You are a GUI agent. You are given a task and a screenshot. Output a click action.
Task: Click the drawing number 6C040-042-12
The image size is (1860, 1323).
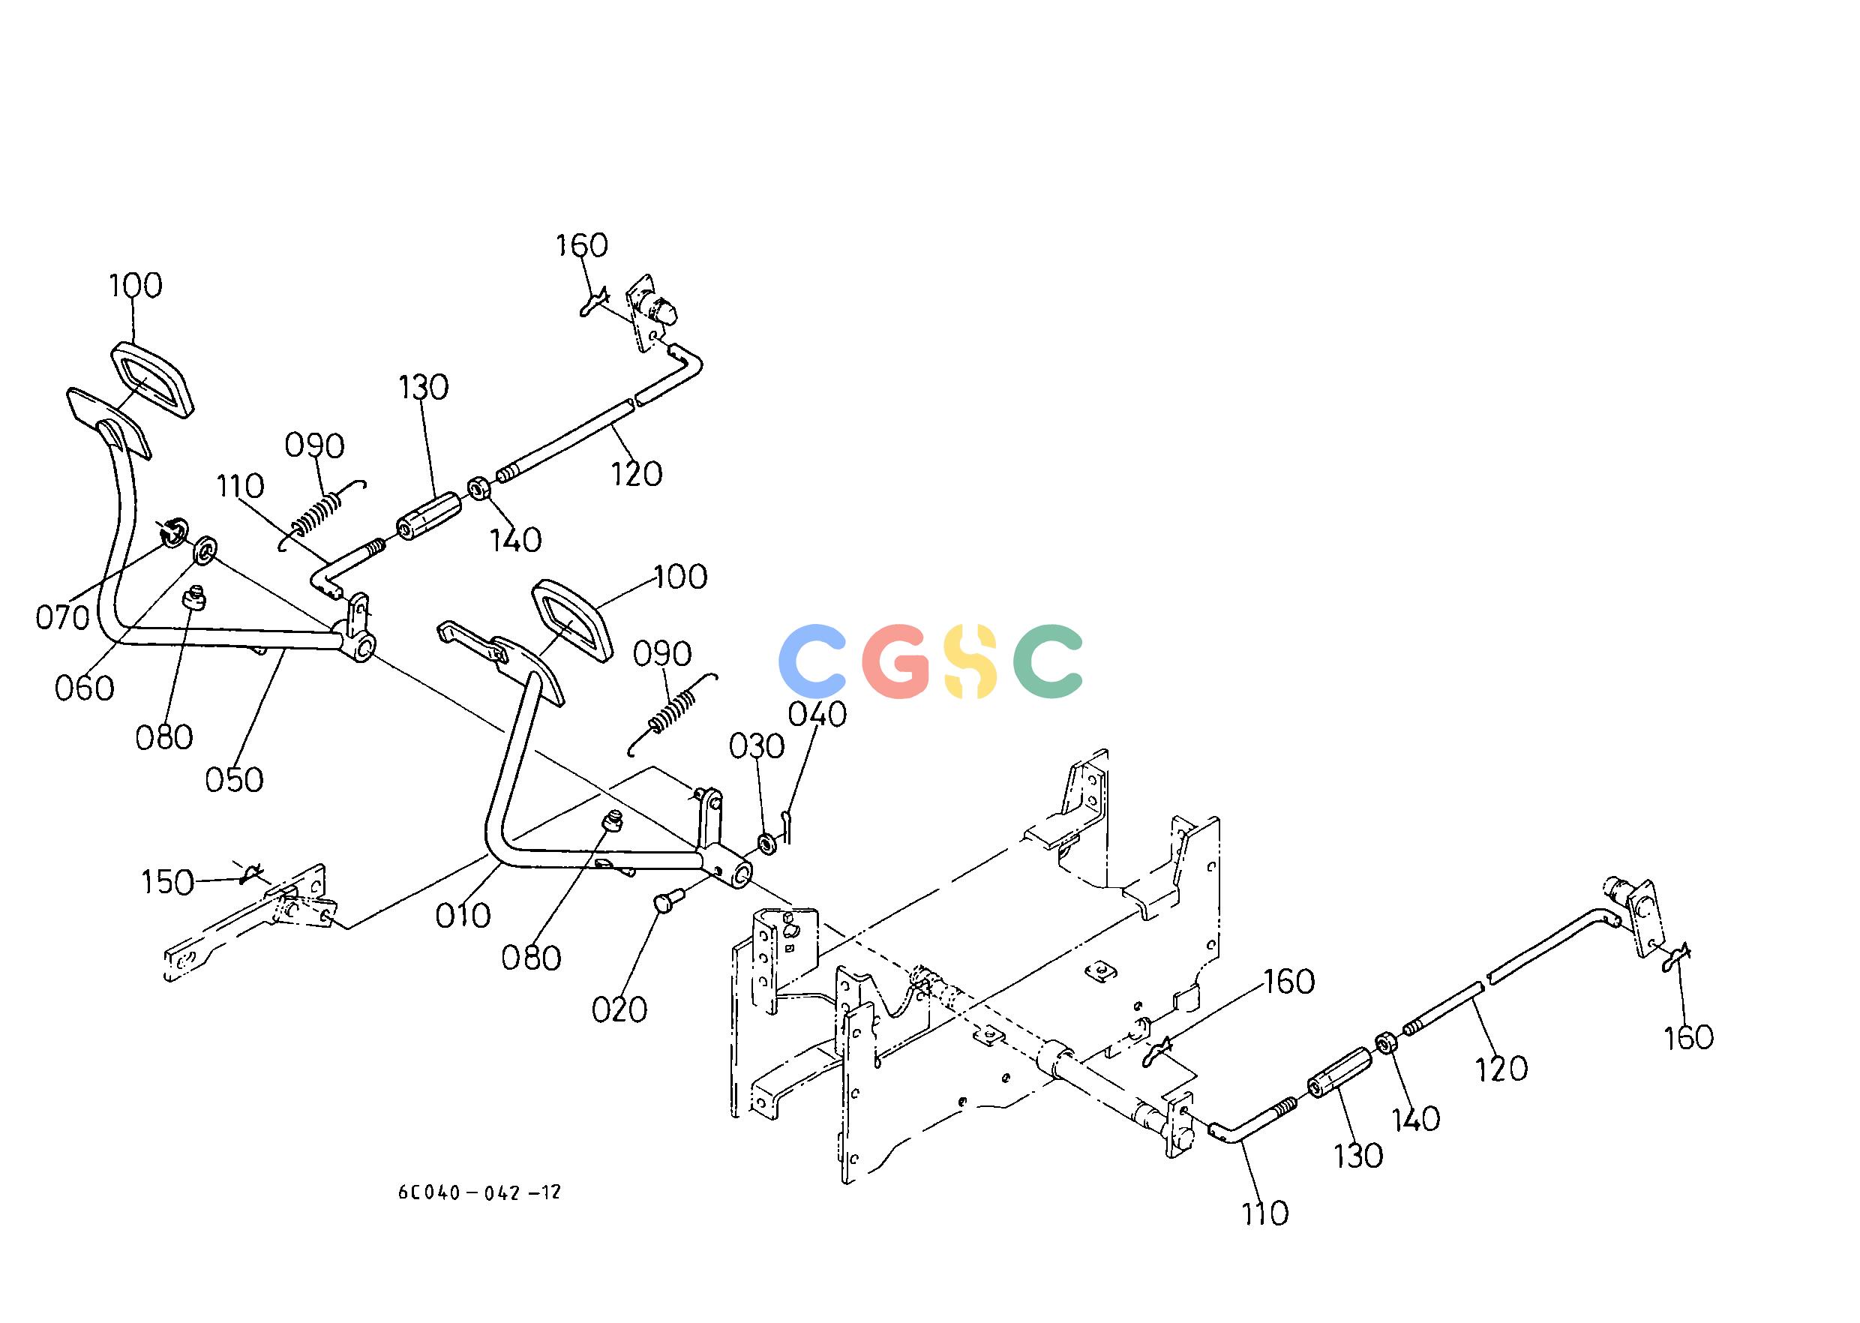[480, 1192]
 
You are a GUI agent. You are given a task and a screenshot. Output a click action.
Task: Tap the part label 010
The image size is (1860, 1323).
[463, 915]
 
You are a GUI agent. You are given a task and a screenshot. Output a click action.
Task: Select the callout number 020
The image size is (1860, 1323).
[619, 1010]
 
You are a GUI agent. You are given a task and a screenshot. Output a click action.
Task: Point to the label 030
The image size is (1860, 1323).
[757, 746]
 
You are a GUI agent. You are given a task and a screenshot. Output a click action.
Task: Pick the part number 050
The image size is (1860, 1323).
[234, 781]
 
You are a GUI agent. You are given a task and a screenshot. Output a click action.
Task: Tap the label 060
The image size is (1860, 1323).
[84, 689]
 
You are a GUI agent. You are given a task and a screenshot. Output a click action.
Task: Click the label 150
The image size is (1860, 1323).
[167, 882]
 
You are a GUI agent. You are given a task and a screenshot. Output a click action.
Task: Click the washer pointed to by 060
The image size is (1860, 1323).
[204, 550]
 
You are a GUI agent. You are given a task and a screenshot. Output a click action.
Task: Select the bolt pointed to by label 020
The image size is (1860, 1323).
[668, 899]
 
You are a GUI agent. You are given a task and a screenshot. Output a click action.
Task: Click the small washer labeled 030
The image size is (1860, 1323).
[767, 841]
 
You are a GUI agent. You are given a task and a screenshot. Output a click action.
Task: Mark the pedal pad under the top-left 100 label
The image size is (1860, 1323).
[151, 379]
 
